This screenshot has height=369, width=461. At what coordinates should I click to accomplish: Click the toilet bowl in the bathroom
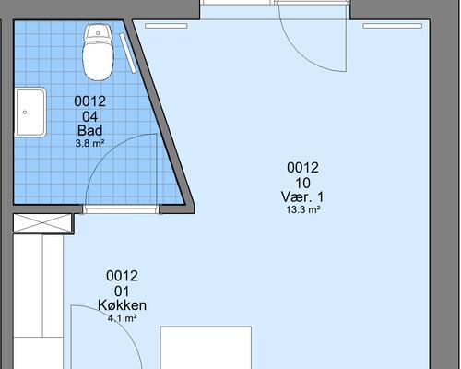[98, 61]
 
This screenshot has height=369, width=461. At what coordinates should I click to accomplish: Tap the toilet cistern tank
[98, 32]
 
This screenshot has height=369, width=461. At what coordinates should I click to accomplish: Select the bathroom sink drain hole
[25, 113]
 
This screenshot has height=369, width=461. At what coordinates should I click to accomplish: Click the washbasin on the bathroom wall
[30, 113]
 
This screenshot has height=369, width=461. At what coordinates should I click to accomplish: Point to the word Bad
[90, 130]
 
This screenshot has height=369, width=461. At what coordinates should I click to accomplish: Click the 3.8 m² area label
[90, 143]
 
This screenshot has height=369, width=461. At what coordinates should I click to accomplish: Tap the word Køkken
[122, 305]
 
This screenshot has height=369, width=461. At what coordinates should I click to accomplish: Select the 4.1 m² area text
[122, 318]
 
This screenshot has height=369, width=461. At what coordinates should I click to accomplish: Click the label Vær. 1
[302, 196]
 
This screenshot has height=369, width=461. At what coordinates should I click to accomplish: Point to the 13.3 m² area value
[303, 209]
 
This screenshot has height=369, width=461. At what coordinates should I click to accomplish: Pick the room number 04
[90, 116]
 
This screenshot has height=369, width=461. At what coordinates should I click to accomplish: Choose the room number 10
[302, 183]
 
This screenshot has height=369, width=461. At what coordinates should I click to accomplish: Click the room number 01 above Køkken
[122, 292]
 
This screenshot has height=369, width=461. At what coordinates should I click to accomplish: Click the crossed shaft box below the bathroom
[42, 223]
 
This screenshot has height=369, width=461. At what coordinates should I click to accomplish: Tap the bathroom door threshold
[121, 209]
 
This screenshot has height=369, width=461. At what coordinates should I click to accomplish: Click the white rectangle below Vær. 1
[206, 348]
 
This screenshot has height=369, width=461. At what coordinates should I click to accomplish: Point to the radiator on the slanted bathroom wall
[128, 54]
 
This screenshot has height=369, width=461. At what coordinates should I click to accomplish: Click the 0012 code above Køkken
[122, 276]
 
